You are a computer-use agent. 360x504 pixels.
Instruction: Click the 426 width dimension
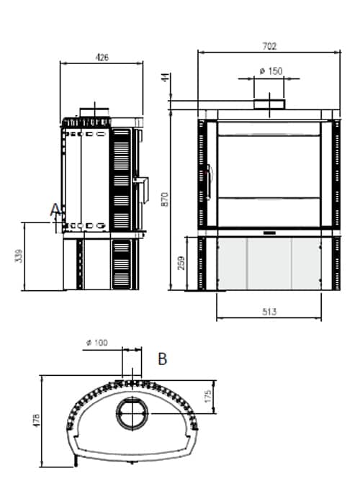(102, 58)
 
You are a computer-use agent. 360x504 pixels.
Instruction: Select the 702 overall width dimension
(269, 46)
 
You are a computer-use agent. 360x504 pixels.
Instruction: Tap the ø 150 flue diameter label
(270, 71)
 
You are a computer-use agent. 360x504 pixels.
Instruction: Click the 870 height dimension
(166, 199)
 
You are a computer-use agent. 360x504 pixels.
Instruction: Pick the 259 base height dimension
(181, 264)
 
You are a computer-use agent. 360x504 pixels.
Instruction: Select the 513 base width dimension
(269, 312)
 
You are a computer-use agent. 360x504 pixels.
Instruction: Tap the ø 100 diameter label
(96, 343)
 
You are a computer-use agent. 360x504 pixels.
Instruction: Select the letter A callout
(55, 210)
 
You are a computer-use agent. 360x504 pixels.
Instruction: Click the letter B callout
(163, 358)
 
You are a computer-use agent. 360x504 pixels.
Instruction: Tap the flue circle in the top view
(132, 413)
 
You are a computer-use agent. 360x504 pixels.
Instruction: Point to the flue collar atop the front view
(269, 104)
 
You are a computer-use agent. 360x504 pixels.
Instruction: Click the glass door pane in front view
(269, 173)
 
